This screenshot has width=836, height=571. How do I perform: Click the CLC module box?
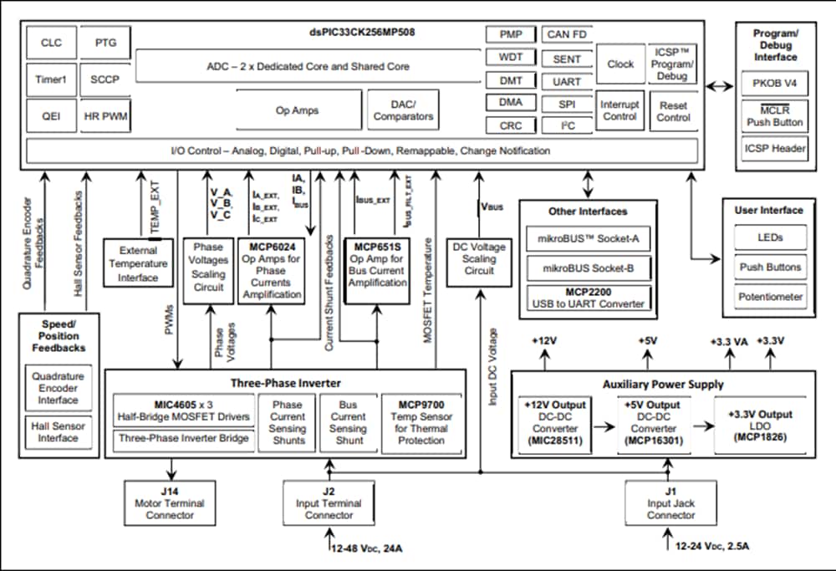coord(51,43)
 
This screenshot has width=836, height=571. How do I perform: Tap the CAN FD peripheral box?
coord(566,35)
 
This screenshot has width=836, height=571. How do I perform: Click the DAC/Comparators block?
coord(403,110)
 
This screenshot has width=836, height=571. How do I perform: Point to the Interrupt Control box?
coord(619,110)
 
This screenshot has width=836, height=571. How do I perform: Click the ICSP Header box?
coord(775,149)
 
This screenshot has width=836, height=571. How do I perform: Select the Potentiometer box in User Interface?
coord(770,297)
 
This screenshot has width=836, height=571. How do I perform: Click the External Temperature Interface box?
coord(138,264)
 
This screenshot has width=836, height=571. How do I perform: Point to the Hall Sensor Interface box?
coord(59,431)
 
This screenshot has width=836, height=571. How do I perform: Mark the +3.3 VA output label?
coord(728,342)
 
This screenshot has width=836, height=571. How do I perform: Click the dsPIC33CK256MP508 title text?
coord(361,33)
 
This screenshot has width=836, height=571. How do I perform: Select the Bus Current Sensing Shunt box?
coord(348,422)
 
